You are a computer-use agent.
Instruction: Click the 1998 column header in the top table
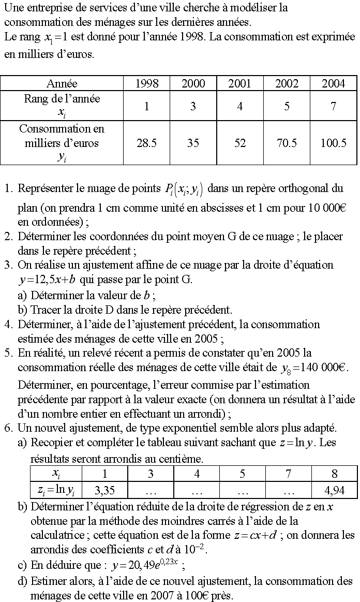pos(146,83)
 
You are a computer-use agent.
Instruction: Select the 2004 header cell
pos(333,83)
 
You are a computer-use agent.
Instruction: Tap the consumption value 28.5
pos(146,143)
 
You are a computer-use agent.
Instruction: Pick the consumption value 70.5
pos(287,143)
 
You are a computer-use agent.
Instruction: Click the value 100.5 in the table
pos(333,143)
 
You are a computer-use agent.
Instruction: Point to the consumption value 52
pos(239,143)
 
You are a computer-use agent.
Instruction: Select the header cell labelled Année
pos(62,83)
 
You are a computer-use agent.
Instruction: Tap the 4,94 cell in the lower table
pos(334,490)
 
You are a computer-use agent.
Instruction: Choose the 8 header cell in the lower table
pos(334,474)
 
